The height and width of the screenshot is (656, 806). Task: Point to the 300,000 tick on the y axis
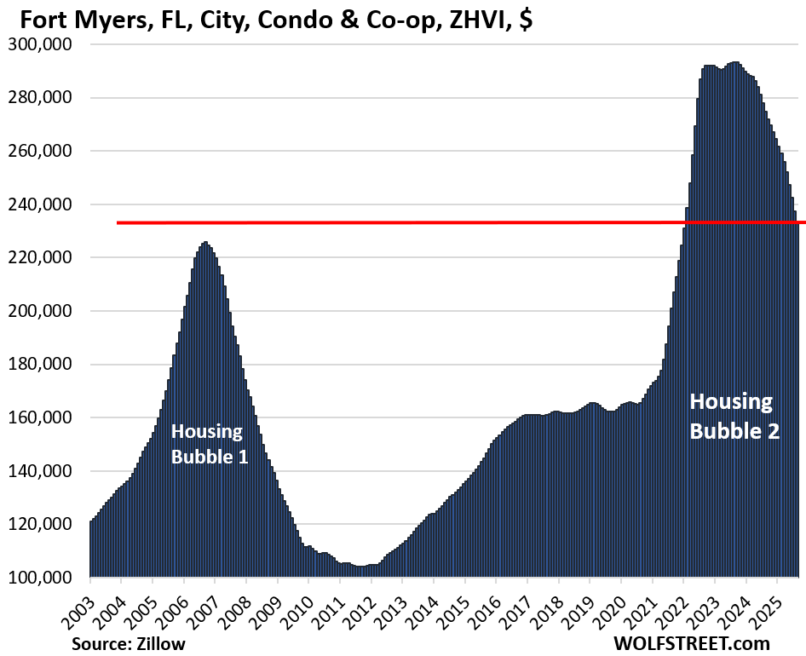tap(41, 44)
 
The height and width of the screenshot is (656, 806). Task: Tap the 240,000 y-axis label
tap(41, 204)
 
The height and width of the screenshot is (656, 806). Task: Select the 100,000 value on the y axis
tap(41, 578)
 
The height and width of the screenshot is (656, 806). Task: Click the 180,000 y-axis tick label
tap(41, 365)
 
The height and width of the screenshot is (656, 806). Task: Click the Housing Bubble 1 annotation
tap(210, 444)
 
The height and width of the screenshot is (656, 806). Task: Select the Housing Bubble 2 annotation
tap(734, 416)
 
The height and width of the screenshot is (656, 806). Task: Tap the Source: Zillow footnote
tap(128, 643)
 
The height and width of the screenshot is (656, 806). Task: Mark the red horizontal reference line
tap(426, 222)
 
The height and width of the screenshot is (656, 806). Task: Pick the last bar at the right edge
tap(797, 400)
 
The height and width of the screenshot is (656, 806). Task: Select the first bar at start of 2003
tap(91, 550)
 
